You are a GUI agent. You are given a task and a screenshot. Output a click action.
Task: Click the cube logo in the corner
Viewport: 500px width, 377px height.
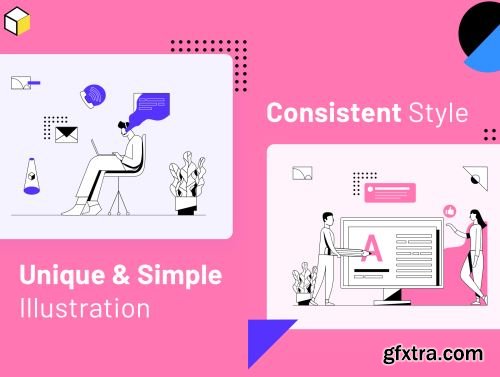(17, 21)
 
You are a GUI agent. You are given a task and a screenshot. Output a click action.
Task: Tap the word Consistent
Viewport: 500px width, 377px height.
(334, 113)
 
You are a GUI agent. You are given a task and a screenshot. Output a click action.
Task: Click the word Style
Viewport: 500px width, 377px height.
(438, 113)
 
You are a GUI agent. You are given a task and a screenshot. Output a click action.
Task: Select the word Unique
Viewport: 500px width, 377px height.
(62, 276)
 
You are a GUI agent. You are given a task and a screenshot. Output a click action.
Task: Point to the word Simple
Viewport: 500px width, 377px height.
(180, 276)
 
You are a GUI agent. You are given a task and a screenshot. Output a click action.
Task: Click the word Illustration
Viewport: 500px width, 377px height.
(85, 308)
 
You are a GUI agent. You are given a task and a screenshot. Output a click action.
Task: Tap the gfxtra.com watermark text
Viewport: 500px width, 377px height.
(433, 354)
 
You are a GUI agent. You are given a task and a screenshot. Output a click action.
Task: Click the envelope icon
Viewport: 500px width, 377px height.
(66, 135)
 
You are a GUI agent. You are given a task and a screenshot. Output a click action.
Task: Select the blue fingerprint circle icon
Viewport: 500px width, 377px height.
(93, 96)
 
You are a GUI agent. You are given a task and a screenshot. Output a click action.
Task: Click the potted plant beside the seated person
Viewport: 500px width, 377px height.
(187, 183)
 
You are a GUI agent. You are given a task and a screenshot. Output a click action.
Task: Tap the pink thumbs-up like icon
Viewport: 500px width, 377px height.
(450, 211)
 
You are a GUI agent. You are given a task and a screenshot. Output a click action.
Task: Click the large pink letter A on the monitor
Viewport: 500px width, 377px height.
(372, 248)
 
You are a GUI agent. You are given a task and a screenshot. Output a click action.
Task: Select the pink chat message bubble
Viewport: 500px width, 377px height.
(390, 192)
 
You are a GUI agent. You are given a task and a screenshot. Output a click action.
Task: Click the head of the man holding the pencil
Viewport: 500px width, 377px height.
(328, 219)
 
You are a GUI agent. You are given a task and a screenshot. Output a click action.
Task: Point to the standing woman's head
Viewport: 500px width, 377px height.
(475, 216)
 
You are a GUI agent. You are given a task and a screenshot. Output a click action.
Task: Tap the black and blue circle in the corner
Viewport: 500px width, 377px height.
(480, 36)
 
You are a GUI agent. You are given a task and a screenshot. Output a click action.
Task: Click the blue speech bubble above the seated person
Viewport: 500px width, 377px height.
(151, 108)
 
